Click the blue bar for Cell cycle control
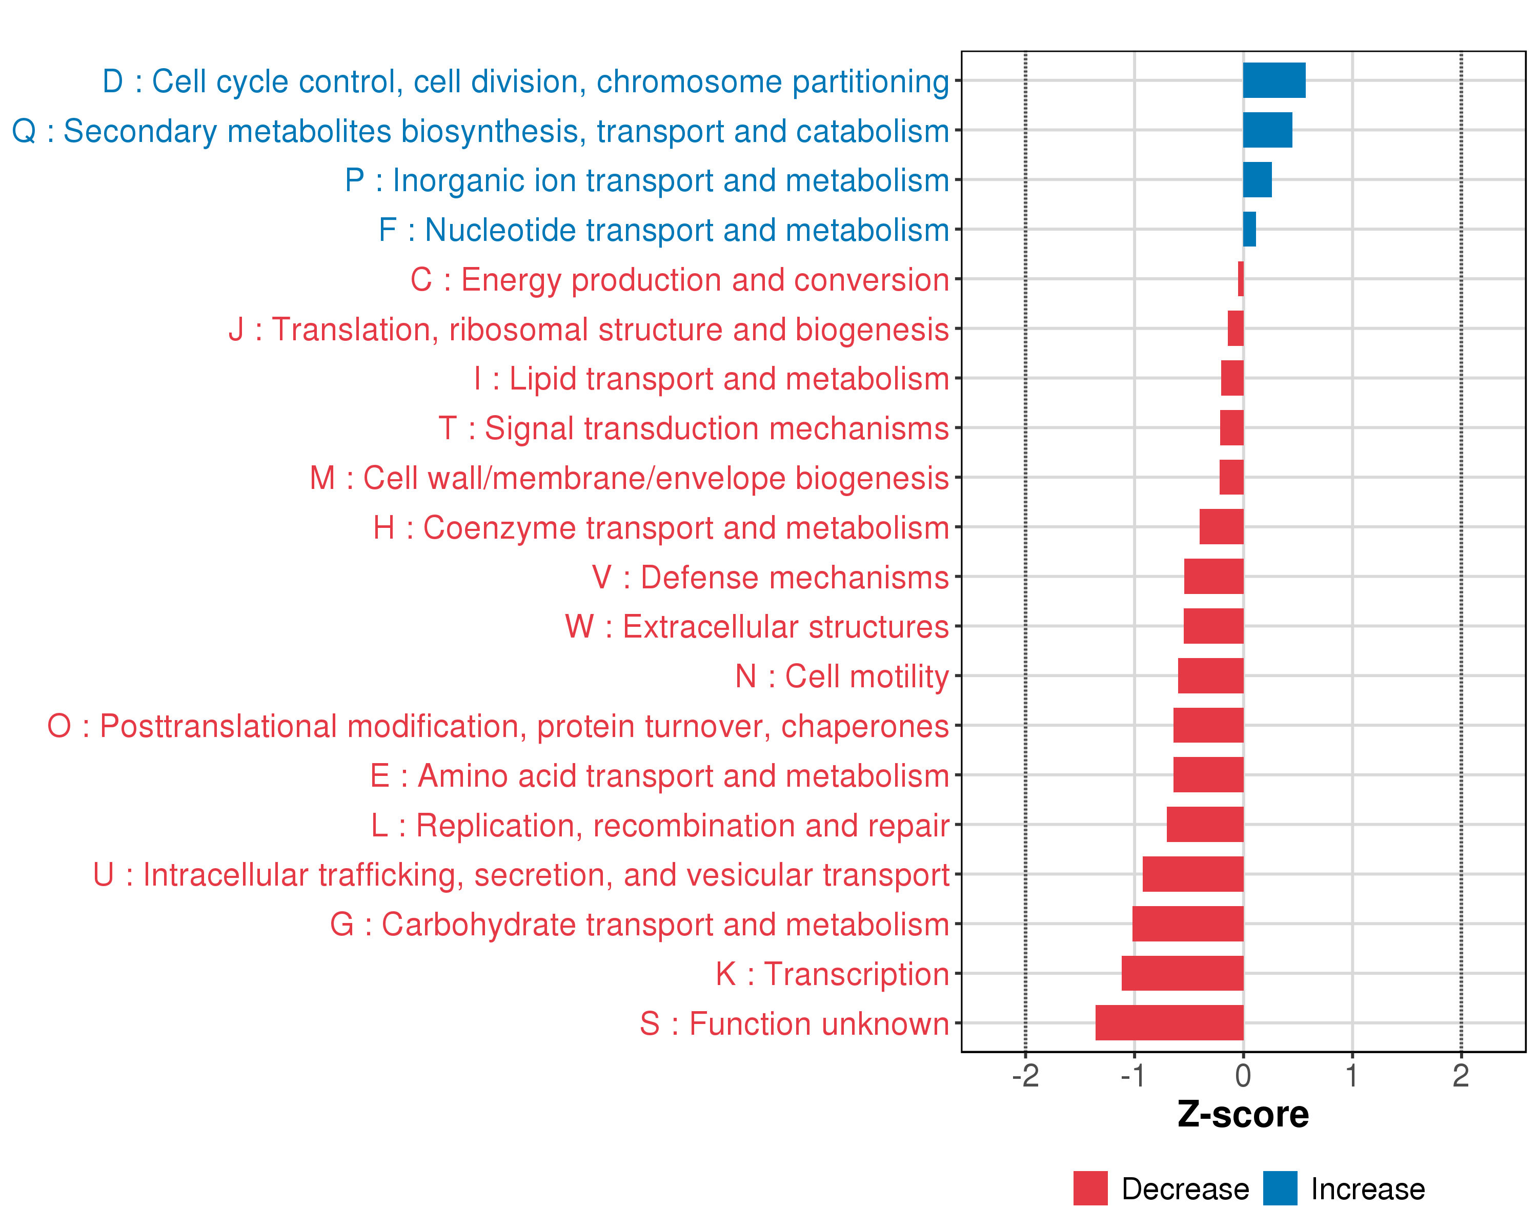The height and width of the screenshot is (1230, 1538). [1274, 80]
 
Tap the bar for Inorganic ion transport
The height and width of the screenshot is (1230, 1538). [1257, 180]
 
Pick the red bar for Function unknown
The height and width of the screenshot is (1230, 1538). [1169, 1022]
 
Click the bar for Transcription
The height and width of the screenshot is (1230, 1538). [1182, 973]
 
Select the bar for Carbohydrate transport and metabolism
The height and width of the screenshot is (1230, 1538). [1188, 924]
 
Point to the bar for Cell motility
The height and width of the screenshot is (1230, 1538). [1210, 676]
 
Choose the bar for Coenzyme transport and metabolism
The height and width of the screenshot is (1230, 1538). [1221, 527]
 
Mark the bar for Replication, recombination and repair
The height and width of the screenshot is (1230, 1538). [1205, 824]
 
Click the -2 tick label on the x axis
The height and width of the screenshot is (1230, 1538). [1025, 1075]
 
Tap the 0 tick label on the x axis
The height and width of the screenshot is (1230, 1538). [1243, 1075]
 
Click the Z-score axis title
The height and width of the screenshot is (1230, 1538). [1243, 1115]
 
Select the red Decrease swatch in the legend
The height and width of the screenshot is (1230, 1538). [1090, 1188]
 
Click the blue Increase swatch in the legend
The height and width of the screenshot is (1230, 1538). [1280, 1188]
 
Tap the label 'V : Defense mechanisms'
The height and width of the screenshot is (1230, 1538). [771, 577]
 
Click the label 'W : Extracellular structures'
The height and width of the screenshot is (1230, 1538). [757, 627]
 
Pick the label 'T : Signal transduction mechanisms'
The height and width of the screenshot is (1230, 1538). [694, 428]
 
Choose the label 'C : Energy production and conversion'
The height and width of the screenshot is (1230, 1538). [679, 279]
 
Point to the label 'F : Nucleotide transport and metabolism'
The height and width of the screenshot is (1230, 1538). [663, 230]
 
